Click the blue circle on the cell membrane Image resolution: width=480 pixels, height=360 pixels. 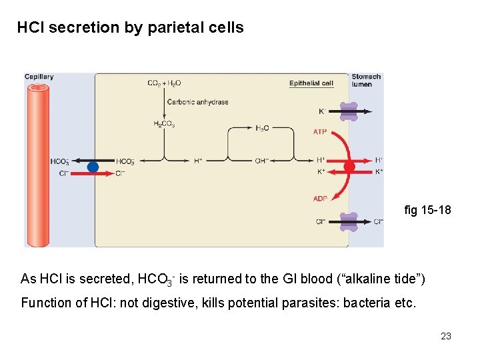click(x=93, y=167)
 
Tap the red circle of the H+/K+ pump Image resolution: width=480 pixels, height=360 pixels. click(x=349, y=166)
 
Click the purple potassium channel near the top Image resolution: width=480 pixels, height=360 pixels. click(x=348, y=111)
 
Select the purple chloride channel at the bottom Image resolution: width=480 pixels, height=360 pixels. click(x=348, y=222)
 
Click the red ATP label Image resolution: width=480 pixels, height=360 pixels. click(x=320, y=132)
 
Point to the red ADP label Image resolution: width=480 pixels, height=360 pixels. click(x=320, y=199)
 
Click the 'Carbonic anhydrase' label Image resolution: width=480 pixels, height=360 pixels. click(x=197, y=102)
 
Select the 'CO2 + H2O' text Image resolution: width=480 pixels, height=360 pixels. click(x=164, y=83)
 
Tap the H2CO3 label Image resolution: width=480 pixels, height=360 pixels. click(x=163, y=124)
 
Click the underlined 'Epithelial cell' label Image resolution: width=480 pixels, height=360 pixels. click(x=311, y=83)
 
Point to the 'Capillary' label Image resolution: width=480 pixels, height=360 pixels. click(x=39, y=77)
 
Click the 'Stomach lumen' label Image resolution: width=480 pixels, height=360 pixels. click(x=366, y=80)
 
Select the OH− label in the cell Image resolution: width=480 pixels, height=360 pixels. click(x=262, y=161)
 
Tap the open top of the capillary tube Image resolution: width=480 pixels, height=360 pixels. click(x=39, y=87)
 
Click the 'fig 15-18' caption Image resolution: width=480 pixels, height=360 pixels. click(x=427, y=211)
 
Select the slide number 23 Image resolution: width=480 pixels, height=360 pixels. click(x=446, y=336)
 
